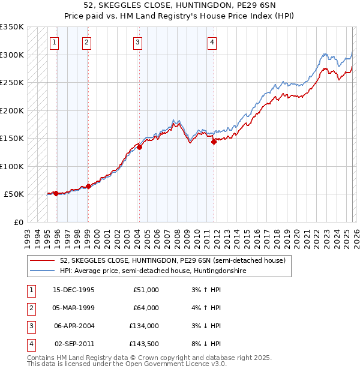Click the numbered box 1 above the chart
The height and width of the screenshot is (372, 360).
(x=55, y=42)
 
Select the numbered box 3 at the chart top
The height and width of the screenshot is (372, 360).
(x=137, y=42)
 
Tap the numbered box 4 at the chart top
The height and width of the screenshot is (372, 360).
(x=212, y=42)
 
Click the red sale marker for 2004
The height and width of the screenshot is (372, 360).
(x=139, y=146)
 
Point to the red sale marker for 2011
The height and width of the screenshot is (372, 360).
(x=214, y=142)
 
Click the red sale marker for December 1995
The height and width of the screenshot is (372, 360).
(x=56, y=193)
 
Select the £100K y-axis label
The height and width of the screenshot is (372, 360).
(x=12, y=166)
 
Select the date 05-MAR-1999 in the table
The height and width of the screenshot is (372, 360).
(x=74, y=308)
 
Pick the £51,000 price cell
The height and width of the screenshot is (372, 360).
(x=146, y=290)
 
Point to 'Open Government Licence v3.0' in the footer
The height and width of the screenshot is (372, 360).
(x=173, y=364)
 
